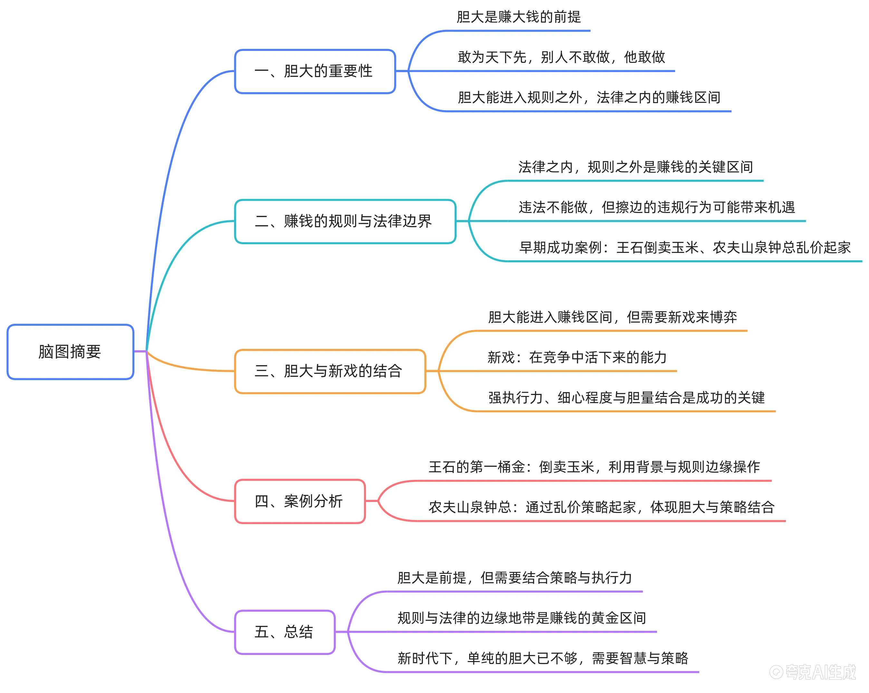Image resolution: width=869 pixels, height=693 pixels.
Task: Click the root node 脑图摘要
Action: pyautogui.click(x=70, y=351)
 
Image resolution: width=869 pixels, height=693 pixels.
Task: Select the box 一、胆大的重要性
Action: pyautogui.click(x=315, y=71)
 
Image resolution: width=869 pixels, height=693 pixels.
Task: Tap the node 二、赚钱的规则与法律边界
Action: pyautogui.click(x=345, y=221)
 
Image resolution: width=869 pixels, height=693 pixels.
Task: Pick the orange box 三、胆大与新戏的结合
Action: pyautogui.click(x=330, y=371)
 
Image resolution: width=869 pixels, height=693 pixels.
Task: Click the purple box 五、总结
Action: pyautogui.click(x=285, y=632)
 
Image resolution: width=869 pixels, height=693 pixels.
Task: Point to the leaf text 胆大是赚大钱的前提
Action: pyautogui.click(x=519, y=17)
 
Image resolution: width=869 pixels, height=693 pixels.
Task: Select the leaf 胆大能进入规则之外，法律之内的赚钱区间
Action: pyautogui.click(x=589, y=98)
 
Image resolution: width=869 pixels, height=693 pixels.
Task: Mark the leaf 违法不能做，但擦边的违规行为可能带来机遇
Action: pyautogui.click(x=657, y=207)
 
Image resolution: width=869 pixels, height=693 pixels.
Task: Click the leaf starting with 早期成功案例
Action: pyautogui.click(x=685, y=247)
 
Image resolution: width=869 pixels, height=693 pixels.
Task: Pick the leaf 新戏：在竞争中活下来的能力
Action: pyautogui.click(x=577, y=357)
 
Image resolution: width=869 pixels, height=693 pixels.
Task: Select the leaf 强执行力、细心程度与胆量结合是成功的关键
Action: pyautogui.click(x=626, y=398)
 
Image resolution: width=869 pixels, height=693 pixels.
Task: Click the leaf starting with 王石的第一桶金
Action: pyautogui.click(x=594, y=467)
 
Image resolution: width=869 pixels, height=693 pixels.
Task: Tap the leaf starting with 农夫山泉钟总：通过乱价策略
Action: pyautogui.click(x=601, y=507)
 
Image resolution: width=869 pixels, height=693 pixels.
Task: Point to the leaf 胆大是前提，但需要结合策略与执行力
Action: pyautogui.click(x=514, y=578)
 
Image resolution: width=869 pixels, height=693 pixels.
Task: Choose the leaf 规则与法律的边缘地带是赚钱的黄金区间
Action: pyautogui.click(x=522, y=618)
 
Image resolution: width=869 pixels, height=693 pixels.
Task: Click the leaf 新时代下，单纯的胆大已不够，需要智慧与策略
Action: pyautogui.click(x=543, y=658)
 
